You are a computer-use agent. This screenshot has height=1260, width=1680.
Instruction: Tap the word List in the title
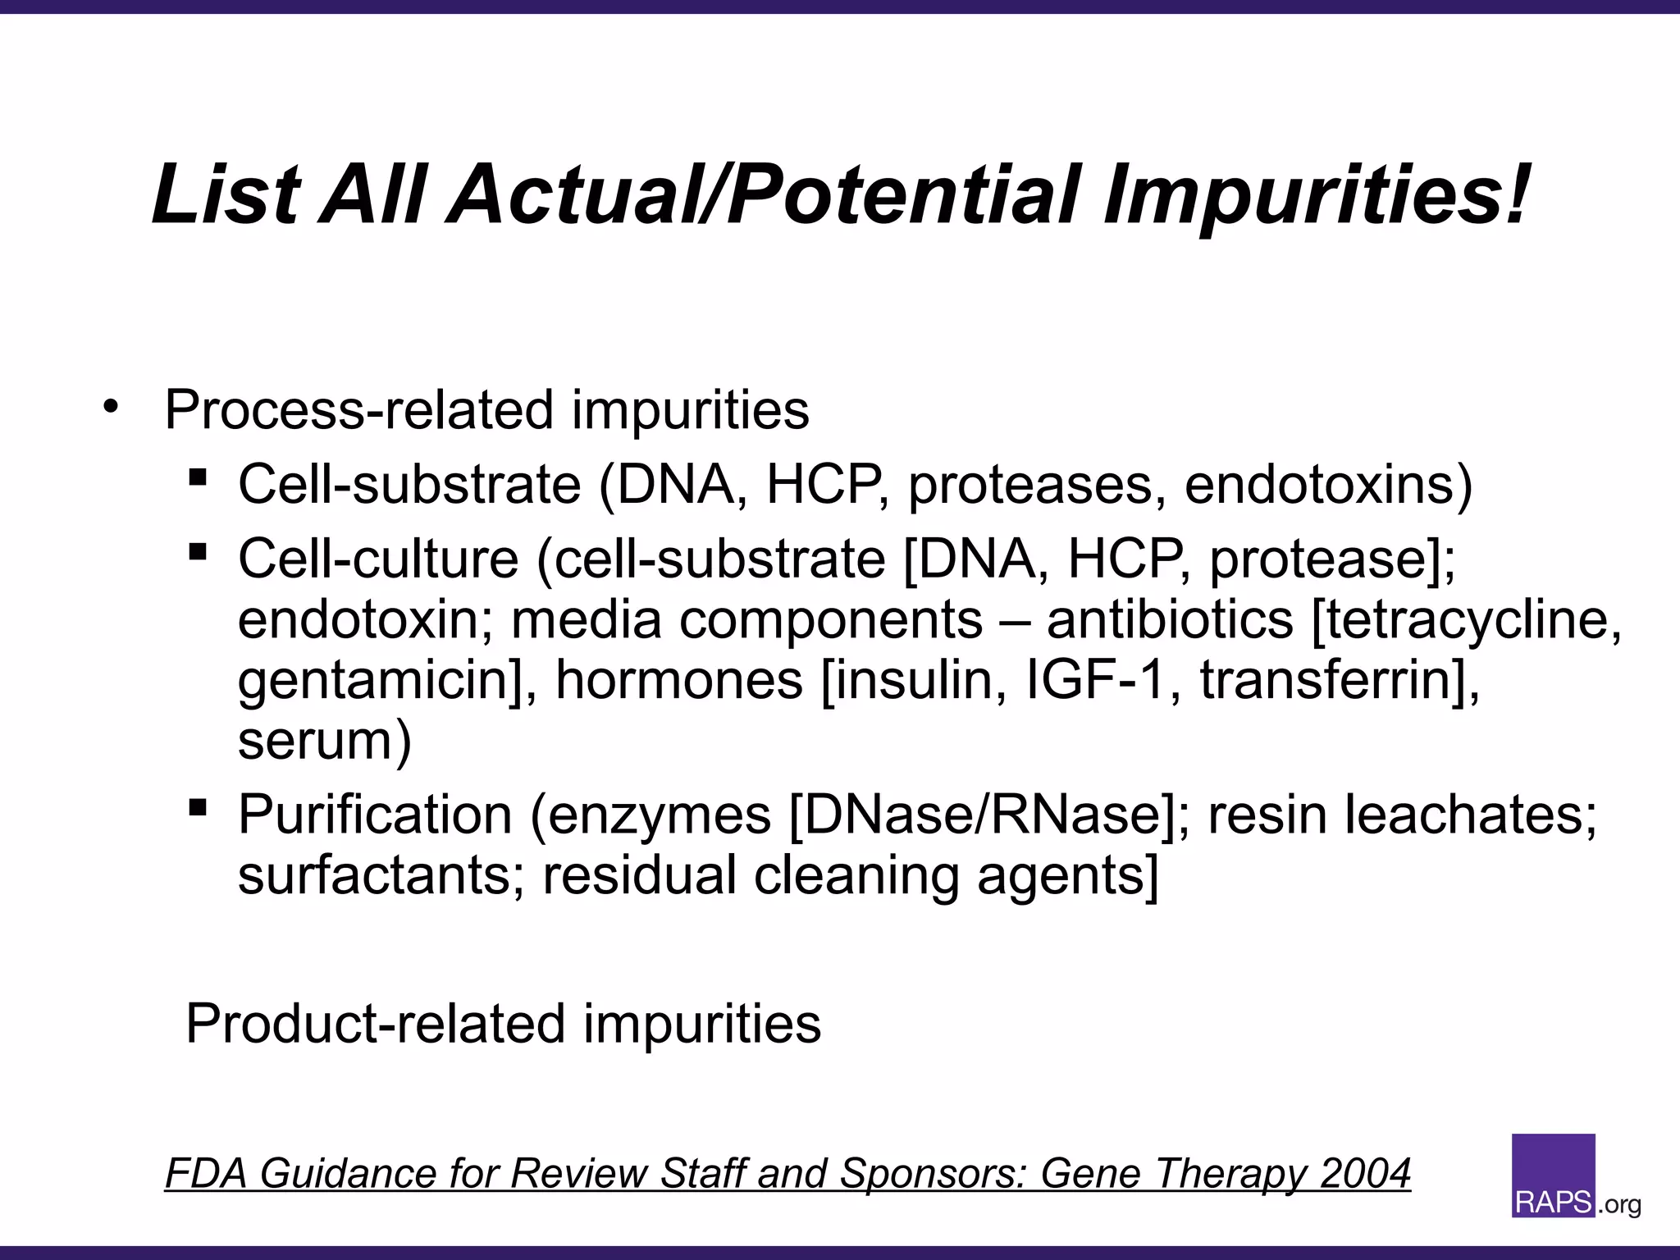[x=226, y=195]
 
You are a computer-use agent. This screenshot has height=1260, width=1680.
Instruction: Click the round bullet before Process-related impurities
[x=112, y=406]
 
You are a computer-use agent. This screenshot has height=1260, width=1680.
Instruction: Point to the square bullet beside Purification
[x=197, y=807]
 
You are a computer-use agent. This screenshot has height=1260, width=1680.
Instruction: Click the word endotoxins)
[x=1328, y=484]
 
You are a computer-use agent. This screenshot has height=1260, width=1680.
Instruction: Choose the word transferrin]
[x=1340, y=680]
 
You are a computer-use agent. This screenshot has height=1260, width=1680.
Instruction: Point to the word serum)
[x=325, y=740]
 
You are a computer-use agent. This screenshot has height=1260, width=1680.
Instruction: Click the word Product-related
[x=375, y=1024]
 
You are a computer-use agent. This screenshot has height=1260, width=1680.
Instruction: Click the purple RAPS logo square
[x=1553, y=1175]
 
